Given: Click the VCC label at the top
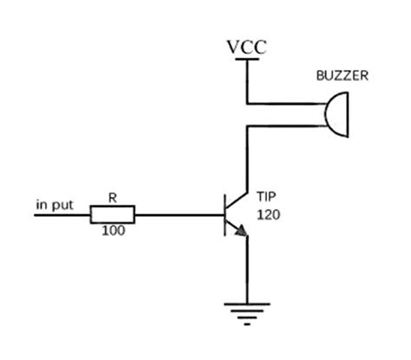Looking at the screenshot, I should click(247, 47).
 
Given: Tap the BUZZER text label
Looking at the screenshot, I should click(342, 76).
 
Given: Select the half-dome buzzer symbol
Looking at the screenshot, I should click(334, 114).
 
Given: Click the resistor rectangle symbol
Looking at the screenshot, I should click(113, 214).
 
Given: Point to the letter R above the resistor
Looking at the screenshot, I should click(112, 198).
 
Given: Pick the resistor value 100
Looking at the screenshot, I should click(112, 232).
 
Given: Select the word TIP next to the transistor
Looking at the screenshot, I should click(266, 195).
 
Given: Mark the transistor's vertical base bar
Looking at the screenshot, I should click(225, 214).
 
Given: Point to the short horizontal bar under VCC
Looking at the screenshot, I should click(248, 60).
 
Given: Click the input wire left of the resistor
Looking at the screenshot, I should click(61, 214).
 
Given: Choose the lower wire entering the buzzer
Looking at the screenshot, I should click(286, 127).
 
